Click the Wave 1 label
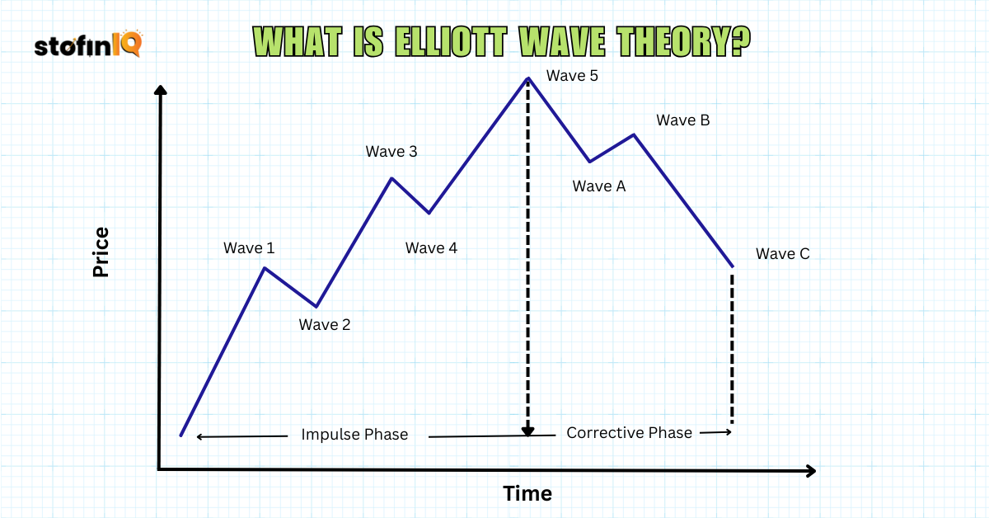coord(249,248)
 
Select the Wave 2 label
coord(325,325)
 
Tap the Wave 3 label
coord(391,152)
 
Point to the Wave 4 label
coord(431,248)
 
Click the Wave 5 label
coord(572,77)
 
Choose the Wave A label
coord(599,186)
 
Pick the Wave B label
coord(682,120)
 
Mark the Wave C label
coord(782,254)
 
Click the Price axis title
coord(101,252)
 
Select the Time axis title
coord(527,494)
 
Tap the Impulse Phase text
coord(354,435)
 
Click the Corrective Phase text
coord(629,433)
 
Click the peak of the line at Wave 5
coord(527,78)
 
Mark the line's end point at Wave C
coord(732,266)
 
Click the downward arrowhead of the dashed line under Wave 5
coord(528,431)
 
